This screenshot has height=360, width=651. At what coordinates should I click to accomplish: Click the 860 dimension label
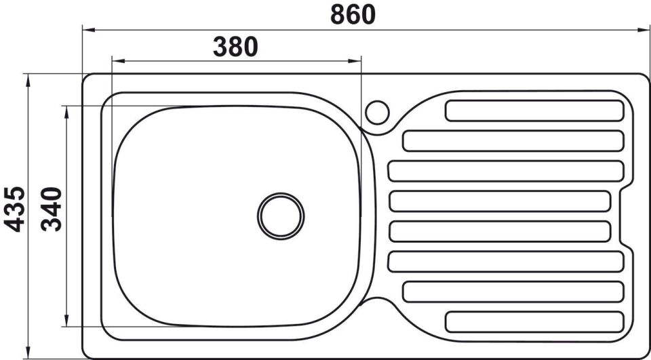pos(353,14)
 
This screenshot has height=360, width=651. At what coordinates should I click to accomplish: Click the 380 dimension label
pos(235,47)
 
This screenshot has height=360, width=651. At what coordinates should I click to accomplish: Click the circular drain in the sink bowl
pos(281,216)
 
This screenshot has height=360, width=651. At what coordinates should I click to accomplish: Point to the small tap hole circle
pos(377,112)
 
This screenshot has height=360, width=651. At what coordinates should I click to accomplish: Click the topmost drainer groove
pos(534,111)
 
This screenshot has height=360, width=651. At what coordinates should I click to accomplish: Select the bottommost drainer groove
pos(534,321)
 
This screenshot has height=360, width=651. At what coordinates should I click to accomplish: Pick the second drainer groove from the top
pos(513,141)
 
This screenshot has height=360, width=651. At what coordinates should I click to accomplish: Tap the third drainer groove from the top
pos(505,171)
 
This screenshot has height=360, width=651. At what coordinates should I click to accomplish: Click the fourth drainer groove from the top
pos(500,201)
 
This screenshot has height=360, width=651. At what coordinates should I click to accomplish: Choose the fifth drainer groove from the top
pos(500,231)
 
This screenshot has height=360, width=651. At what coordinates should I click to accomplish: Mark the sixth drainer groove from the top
pos(505,262)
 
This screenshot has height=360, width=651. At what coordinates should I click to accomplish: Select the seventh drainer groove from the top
pos(513,292)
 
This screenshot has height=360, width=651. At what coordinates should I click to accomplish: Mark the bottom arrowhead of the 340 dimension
pos(66,321)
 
